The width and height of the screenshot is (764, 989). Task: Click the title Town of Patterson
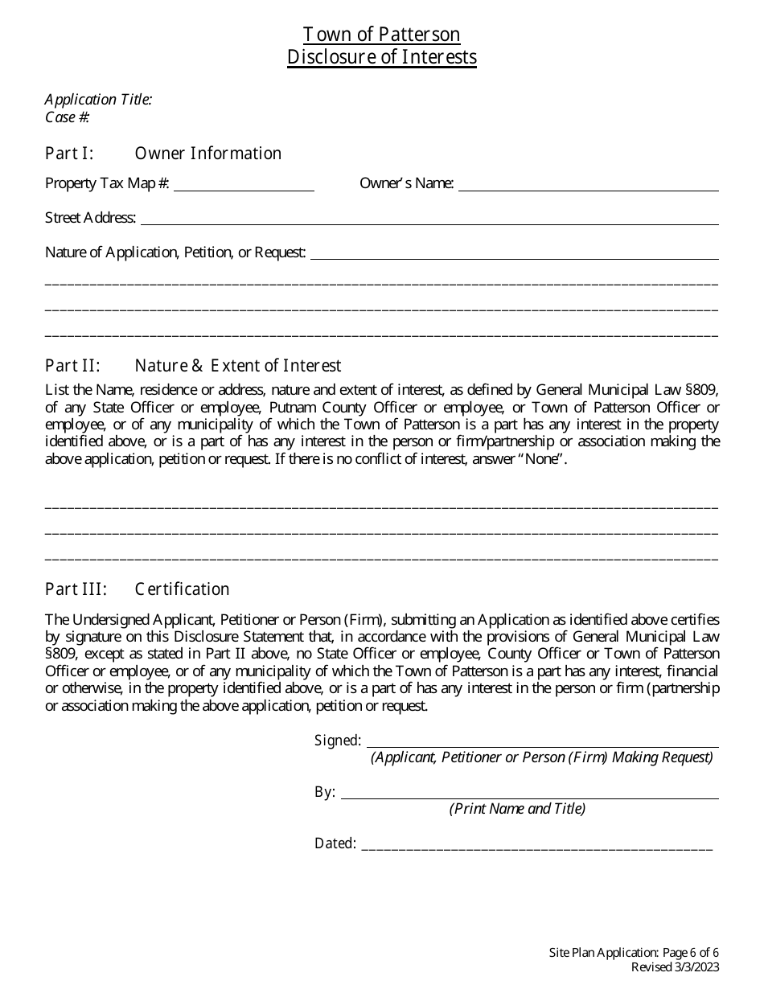pos(381,35)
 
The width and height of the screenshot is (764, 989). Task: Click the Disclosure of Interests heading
pos(381,57)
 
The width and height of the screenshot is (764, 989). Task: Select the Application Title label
pos(98,100)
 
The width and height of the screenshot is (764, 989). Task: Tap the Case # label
pos(68,117)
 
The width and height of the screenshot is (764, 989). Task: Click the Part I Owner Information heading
pos(163,154)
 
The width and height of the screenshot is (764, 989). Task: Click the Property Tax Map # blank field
pos(244,185)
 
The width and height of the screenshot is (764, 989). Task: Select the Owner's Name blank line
pos(588,185)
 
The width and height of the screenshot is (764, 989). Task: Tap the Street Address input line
pos(429,219)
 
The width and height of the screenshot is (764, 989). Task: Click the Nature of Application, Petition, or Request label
pos(175,252)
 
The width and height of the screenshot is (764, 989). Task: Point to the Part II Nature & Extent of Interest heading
pos(193,367)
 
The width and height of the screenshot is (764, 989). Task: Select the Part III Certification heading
pos(137,589)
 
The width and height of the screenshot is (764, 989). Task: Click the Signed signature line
pos(542,742)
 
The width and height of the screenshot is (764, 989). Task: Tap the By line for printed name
pos(529,794)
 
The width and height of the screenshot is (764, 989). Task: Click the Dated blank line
pos(537,845)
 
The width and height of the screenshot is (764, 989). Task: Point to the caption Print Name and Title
pos(517,809)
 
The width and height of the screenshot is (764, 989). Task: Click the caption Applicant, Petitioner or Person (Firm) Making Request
pos(541,757)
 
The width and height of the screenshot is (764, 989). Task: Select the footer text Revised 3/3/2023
pos(675,967)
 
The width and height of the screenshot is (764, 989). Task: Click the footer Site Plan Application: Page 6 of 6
pos(634,953)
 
